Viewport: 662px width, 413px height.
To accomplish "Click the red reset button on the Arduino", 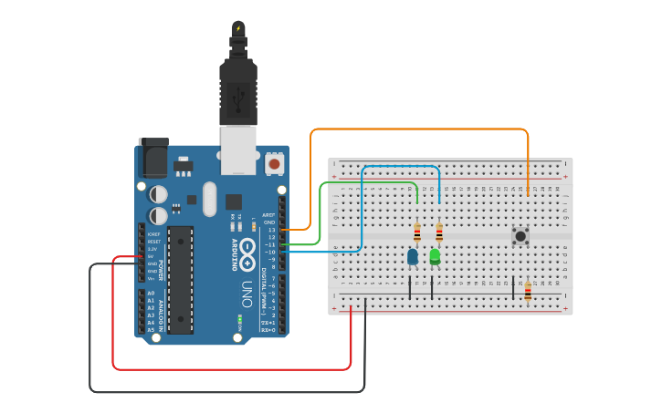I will coord(274,164).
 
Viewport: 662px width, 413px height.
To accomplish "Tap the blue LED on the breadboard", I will coord(413,257).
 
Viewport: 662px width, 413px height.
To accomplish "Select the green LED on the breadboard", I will coord(435,256).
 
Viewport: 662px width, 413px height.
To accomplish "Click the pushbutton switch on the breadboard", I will coord(520,236).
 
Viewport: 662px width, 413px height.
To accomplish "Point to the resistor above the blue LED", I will coord(417,233).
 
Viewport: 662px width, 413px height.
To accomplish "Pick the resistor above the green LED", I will coord(439,233).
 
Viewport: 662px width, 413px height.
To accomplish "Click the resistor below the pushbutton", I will coord(528,291).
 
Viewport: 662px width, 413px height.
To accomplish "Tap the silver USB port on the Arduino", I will coord(239,150).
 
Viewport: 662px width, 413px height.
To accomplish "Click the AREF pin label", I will coord(269,215).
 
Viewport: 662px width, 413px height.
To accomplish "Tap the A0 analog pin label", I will coord(151,294).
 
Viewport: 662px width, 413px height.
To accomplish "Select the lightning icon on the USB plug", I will coord(239,28).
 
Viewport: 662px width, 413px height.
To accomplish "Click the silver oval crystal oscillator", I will coord(210,199).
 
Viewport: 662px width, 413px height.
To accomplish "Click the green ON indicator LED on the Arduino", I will coord(239,320).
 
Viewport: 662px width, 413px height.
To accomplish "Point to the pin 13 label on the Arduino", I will coord(270,230).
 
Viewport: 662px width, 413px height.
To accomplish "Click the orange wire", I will coord(420,129).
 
